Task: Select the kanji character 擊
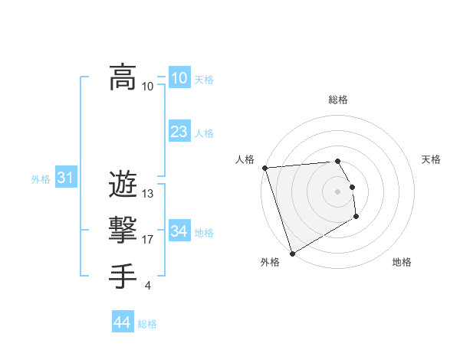(123, 229)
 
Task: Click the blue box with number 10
(179, 77)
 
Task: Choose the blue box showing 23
(179, 131)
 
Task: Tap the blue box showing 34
(179, 231)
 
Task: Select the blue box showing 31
(66, 178)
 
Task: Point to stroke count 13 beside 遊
(148, 194)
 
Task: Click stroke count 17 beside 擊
(148, 240)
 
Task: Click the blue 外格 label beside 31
(41, 179)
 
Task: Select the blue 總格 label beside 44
(147, 324)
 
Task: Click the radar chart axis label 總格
(338, 100)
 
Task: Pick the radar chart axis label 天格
(431, 159)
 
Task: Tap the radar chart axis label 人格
(245, 159)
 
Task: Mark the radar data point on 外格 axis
(292, 253)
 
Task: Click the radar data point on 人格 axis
(264, 168)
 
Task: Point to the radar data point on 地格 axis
(356, 217)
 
